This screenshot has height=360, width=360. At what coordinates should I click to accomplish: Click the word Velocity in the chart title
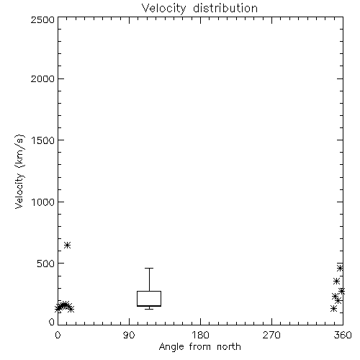164,9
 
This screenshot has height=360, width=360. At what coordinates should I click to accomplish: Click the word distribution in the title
225,8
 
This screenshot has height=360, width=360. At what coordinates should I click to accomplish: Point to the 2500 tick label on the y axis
42,19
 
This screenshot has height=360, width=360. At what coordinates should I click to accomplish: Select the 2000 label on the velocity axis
42,78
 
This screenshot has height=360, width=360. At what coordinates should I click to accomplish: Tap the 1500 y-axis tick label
43,140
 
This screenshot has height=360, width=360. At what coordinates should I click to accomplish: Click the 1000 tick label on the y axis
43,202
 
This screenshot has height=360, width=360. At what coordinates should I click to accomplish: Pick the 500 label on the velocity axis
46,264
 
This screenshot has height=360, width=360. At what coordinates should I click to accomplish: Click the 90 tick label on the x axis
129,335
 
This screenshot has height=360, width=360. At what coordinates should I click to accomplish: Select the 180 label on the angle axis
200,335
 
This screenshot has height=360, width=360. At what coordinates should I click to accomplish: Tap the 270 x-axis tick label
271,335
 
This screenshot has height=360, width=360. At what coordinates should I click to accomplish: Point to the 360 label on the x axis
343,335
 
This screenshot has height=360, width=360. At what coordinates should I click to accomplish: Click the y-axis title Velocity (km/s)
19,171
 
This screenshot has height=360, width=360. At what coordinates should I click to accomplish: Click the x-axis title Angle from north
200,346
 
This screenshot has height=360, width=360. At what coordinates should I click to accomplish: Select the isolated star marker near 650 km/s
68,245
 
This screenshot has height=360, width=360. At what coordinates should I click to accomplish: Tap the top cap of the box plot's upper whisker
149,268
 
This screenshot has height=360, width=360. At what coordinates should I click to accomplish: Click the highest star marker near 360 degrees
340,268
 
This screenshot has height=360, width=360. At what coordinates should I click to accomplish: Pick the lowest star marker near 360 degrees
333,308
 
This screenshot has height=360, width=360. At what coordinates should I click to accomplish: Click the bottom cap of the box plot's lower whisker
149,309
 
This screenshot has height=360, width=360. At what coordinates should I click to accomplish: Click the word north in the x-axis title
229,346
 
